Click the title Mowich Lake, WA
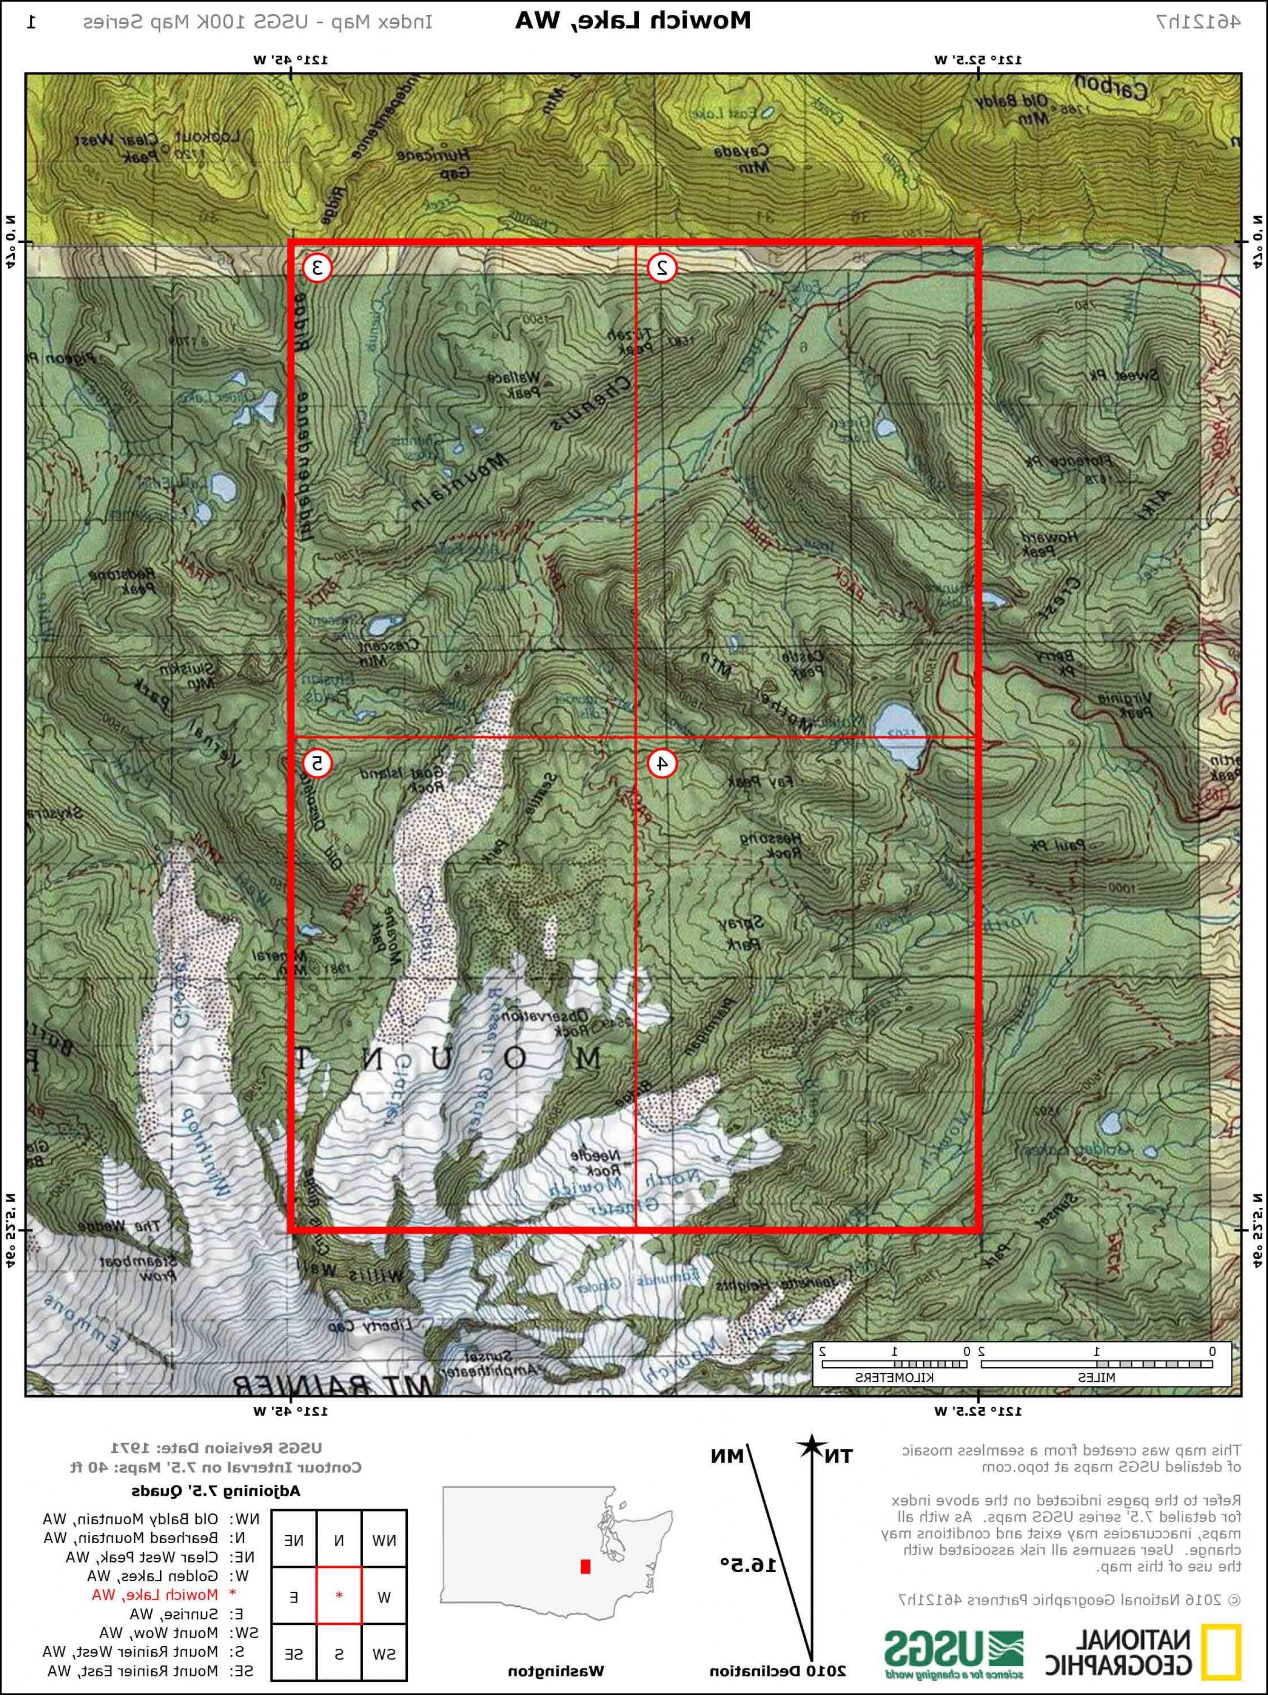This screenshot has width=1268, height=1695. (x=633, y=21)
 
